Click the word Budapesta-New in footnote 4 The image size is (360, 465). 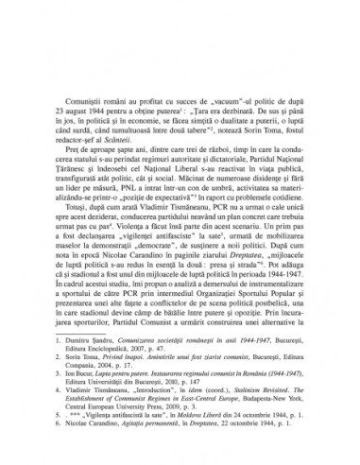[260, 422]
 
